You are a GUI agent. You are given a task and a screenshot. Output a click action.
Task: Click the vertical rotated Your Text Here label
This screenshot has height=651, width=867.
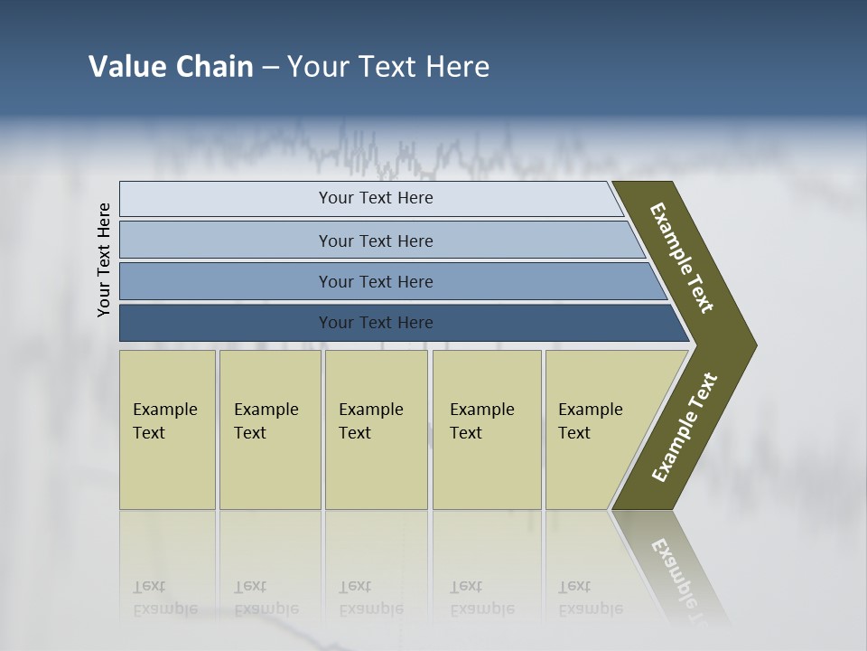[x=104, y=260]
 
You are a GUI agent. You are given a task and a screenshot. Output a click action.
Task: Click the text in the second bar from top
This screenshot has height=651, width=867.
[x=376, y=241]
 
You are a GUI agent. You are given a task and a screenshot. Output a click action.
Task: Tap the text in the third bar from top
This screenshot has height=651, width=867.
[x=376, y=282]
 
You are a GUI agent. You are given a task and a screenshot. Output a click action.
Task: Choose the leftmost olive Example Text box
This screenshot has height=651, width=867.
[x=167, y=429]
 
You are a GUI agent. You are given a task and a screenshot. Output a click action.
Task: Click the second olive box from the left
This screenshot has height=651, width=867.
[x=270, y=429]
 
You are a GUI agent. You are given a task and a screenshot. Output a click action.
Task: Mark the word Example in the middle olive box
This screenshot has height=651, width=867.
[x=370, y=410]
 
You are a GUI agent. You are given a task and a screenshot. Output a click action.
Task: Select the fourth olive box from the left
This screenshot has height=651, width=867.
[x=487, y=429]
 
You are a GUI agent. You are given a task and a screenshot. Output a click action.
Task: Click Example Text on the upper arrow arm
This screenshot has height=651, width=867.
[x=682, y=258]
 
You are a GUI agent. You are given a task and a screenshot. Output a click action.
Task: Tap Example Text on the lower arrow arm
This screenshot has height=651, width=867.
[x=684, y=428]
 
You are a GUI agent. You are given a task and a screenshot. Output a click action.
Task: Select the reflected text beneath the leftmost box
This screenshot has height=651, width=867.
[x=164, y=598]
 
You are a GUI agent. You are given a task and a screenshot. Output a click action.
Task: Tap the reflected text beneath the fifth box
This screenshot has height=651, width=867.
[x=590, y=598]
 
